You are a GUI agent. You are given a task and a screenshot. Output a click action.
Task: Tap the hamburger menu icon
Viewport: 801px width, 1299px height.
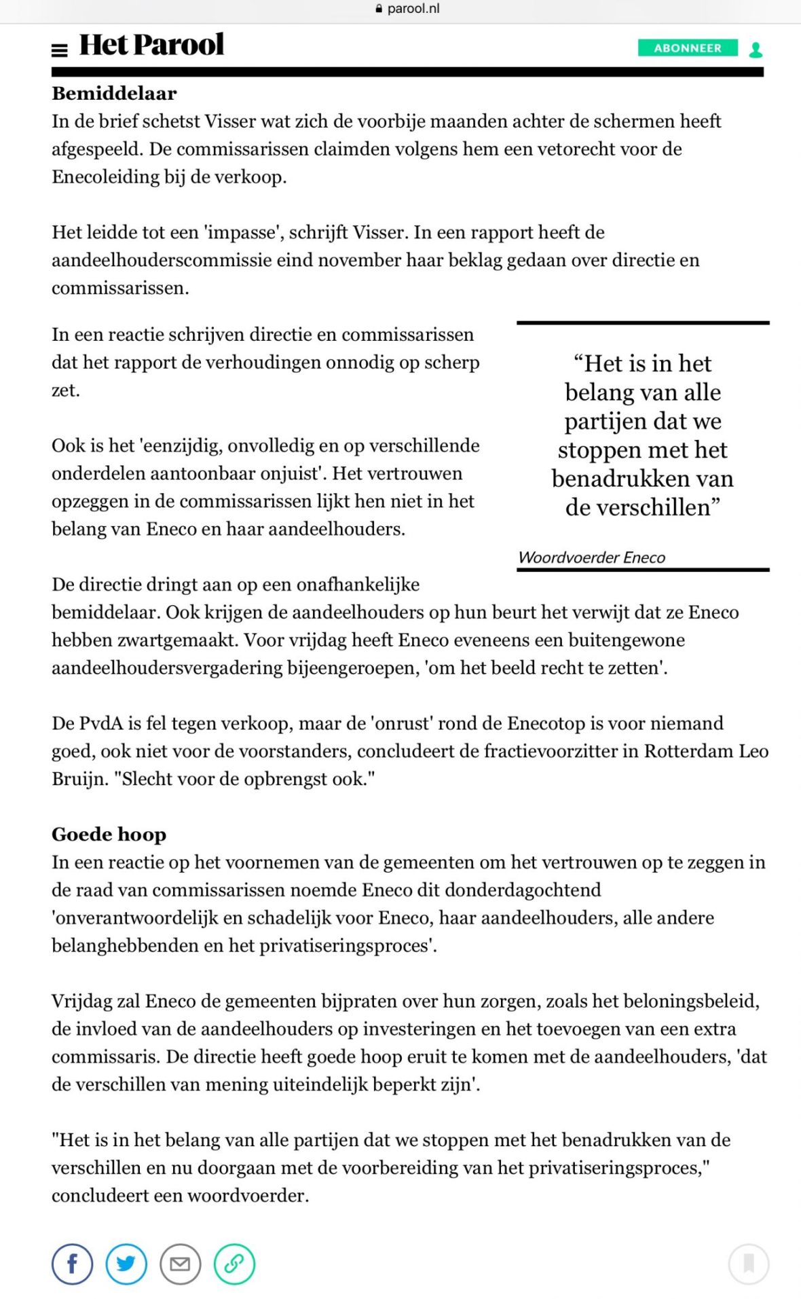click(60, 50)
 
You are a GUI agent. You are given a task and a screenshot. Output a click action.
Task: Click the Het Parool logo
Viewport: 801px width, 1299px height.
click(151, 45)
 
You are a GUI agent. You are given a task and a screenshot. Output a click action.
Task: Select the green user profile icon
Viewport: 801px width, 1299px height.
click(756, 50)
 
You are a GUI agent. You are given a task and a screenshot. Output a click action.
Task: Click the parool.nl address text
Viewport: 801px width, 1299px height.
click(413, 9)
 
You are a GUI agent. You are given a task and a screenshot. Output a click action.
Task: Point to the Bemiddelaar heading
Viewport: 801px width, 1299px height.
click(114, 93)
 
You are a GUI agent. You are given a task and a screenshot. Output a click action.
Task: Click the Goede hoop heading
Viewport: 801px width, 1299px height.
click(109, 834)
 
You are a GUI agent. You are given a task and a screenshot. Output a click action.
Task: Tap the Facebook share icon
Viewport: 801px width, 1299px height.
click(72, 1264)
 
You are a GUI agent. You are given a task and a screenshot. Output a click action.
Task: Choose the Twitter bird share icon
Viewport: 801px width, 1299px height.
click(126, 1264)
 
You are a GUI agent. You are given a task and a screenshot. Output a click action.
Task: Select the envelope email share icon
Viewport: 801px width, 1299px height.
click(180, 1264)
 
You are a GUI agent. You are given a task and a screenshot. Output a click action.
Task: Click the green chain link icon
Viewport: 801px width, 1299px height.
click(234, 1264)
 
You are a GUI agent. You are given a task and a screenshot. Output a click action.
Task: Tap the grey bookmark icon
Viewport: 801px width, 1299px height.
click(749, 1264)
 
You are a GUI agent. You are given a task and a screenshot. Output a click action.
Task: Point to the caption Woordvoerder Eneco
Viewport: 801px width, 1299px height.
click(591, 557)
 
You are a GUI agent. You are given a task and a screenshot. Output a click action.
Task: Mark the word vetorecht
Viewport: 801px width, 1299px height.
click(578, 149)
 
